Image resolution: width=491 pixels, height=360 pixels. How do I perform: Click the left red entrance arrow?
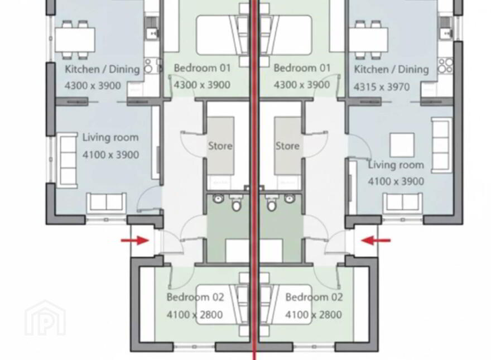point(134,241)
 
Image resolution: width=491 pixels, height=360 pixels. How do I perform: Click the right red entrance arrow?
point(376,241)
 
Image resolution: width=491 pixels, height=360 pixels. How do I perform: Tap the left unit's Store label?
point(220,146)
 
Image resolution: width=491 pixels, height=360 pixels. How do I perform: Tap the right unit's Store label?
point(287,146)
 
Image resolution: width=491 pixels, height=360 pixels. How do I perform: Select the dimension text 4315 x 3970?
point(382,87)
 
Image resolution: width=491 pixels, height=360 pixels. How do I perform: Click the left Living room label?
point(110,137)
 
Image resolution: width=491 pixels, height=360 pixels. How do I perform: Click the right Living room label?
point(396,165)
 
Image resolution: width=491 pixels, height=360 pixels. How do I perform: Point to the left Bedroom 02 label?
point(195,297)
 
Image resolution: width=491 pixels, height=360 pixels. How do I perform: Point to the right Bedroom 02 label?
point(314,297)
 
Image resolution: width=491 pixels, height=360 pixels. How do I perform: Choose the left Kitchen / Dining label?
point(102,69)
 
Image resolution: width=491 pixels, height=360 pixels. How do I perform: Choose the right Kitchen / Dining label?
point(391,69)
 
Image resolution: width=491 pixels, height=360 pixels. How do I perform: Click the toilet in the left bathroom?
point(236,203)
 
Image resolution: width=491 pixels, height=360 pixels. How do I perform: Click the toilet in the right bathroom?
point(272,203)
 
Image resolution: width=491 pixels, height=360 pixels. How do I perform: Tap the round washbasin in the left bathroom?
point(218,198)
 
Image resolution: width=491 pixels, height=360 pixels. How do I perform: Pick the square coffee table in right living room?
point(402,145)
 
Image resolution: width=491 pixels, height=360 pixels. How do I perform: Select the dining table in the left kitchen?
point(75,40)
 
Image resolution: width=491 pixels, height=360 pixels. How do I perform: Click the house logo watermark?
point(45,318)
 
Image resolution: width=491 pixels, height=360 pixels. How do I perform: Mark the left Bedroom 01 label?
point(202,68)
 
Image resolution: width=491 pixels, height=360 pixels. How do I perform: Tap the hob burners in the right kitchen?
point(446,66)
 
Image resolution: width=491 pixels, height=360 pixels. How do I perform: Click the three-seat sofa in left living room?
point(68,160)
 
